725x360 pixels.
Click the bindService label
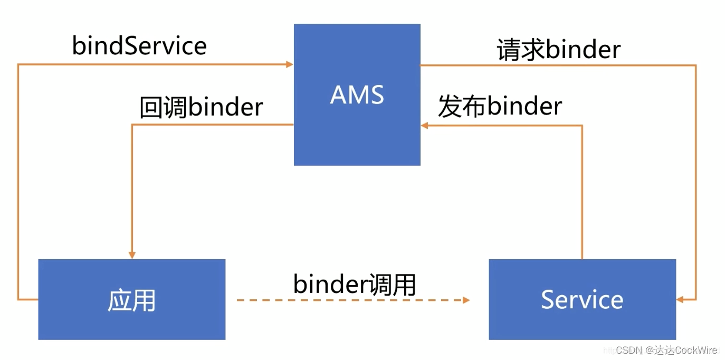139,46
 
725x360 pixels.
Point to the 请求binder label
559,50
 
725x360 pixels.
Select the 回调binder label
201,107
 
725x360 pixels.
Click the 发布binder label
500,106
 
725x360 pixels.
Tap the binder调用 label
355,285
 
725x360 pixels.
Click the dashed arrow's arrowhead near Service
466,300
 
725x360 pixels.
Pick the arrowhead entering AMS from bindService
290,64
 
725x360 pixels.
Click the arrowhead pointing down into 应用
132,255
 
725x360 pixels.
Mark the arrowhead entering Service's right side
680,299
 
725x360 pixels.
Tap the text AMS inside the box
357,95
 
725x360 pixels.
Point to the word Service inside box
582,299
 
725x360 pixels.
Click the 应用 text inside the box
131,300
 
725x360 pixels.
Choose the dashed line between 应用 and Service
348,300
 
